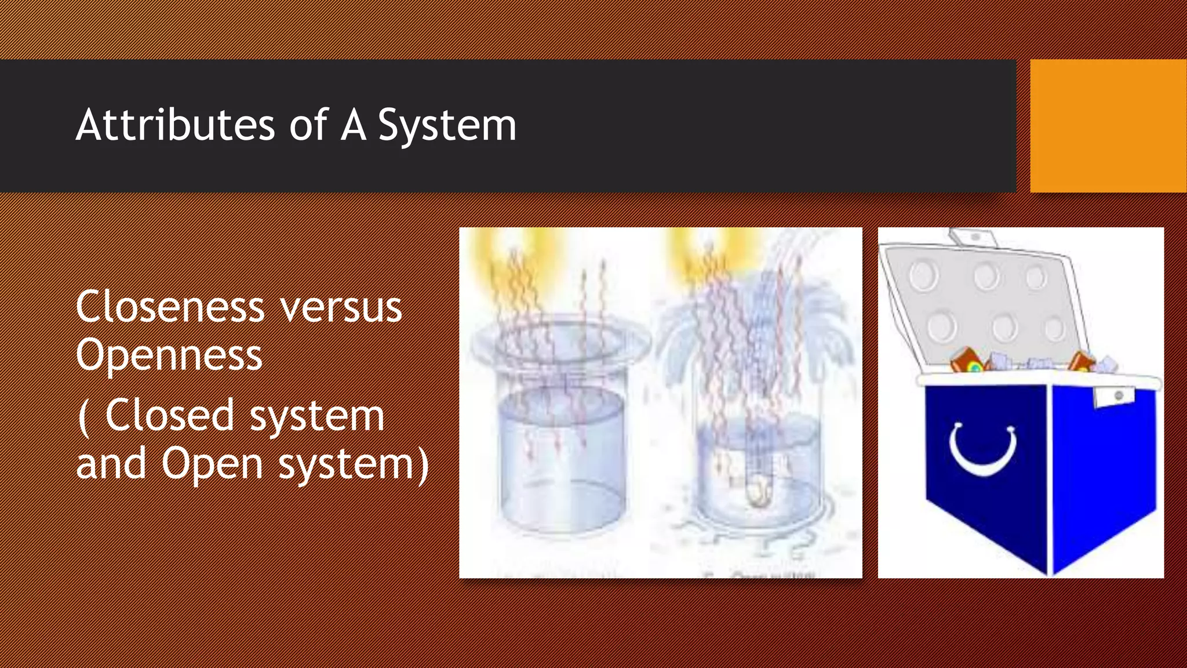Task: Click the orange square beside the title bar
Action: pos(1108,126)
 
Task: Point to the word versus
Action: pos(341,308)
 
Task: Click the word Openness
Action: pos(169,355)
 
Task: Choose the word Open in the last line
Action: pos(212,464)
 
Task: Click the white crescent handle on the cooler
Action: pos(983,450)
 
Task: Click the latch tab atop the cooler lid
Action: pos(973,238)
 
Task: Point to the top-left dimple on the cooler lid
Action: pos(923,275)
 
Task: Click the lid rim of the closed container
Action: pos(561,344)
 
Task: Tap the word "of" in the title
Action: pos(309,125)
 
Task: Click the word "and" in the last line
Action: pos(111,464)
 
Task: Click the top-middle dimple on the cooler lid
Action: pos(986,275)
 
